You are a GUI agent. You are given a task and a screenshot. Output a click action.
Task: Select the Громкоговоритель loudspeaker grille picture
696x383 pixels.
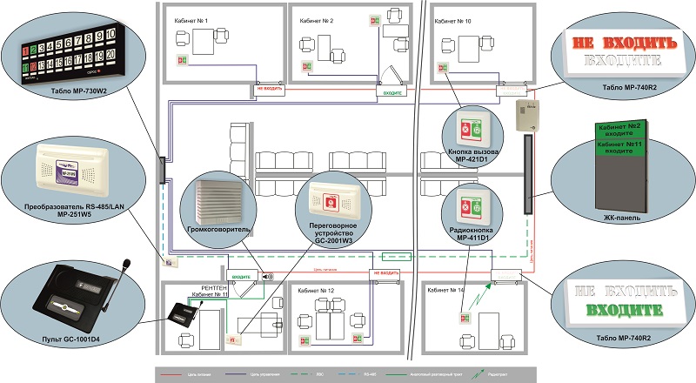coord(213,199)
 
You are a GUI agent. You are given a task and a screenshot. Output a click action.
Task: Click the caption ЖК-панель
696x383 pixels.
coord(619,217)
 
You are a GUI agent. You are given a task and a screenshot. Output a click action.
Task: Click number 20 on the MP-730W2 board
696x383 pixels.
coord(111,55)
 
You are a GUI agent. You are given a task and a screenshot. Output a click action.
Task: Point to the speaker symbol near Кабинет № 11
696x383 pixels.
coord(266,278)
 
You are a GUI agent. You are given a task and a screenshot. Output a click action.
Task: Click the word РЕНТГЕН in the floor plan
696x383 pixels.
coord(213,286)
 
